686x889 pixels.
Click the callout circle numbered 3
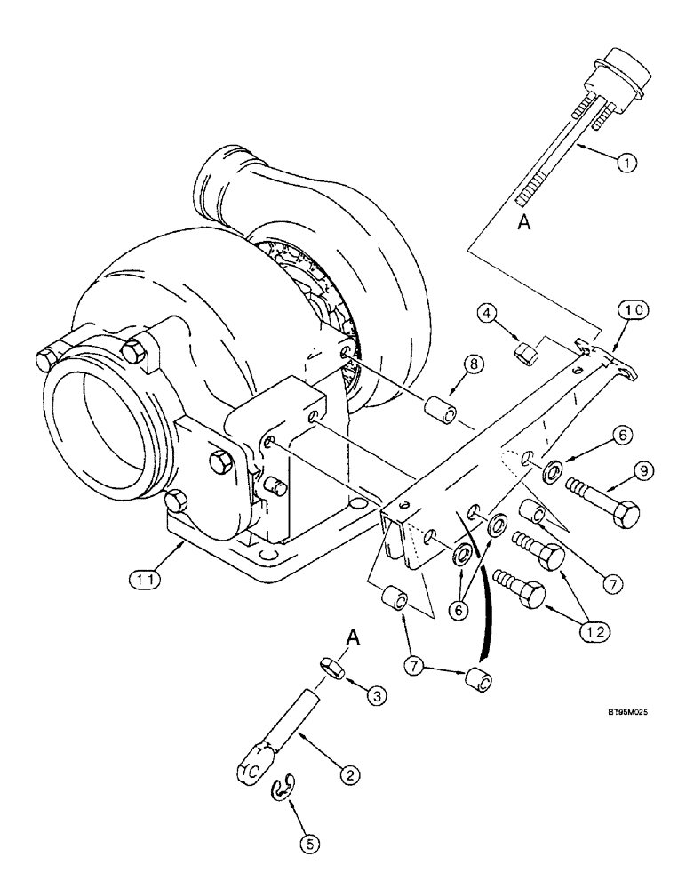(x=377, y=697)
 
